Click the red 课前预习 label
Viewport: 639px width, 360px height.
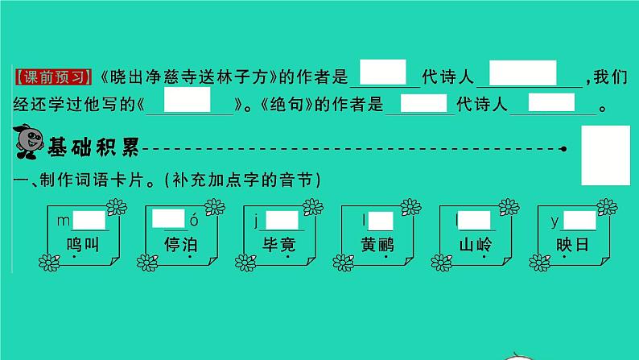pos(53,77)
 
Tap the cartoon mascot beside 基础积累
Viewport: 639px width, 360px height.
pos(28,142)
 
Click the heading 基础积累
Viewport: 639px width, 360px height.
pos(93,147)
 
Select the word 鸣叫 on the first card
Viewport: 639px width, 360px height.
pos(83,245)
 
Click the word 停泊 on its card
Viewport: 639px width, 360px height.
pos(180,245)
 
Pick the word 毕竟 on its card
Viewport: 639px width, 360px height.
pos(278,245)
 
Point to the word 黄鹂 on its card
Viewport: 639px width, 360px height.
pos(377,245)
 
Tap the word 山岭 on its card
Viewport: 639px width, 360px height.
pos(475,245)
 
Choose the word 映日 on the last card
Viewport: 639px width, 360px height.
pos(572,245)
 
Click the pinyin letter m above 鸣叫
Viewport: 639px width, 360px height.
pos(63,221)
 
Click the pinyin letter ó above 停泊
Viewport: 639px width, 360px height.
pos(194,220)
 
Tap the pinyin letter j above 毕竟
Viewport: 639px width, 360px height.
pos(256,221)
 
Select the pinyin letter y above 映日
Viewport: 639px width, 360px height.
pos(554,221)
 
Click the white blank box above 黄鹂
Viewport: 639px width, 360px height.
pos(381,221)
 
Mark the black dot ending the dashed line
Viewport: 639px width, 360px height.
pos(563,149)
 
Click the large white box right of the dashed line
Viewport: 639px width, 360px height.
pos(605,155)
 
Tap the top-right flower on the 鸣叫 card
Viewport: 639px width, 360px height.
pos(117,207)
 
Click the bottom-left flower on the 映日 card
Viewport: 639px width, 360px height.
pos(539,263)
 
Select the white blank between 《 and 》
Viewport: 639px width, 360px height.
pos(187,100)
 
